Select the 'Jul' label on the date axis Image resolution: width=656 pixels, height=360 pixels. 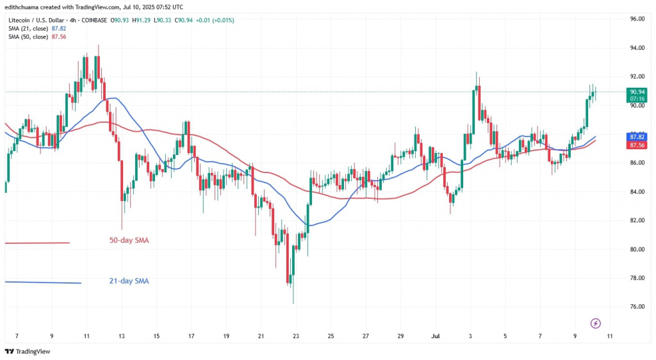click(x=435, y=335)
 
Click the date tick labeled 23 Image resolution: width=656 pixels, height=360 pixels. click(x=295, y=335)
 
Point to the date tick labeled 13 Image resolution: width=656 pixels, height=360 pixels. click(x=121, y=335)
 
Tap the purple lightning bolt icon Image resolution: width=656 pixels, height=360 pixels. click(x=595, y=323)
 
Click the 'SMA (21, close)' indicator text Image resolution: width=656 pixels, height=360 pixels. click(x=28, y=28)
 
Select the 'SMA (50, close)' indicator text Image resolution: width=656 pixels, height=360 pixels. click(x=28, y=36)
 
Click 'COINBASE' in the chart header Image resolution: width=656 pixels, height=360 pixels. click(x=94, y=20)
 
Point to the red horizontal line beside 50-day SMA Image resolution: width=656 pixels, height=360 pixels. click(x=37, y=243)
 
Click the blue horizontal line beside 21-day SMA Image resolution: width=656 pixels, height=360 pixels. click(x=42, y=282)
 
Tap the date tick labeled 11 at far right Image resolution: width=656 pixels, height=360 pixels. click(x=609, y=335)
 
